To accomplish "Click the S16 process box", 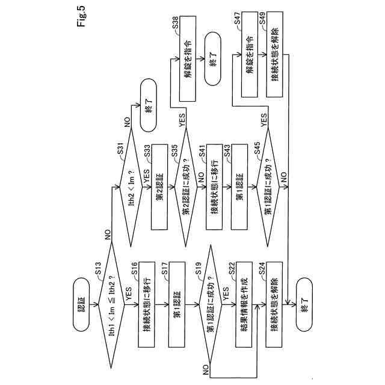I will point(149,306).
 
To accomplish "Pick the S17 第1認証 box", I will point(178,306).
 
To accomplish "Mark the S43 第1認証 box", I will point(239,186).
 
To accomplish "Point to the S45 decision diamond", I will point(268,186).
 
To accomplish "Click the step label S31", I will point(120,147).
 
